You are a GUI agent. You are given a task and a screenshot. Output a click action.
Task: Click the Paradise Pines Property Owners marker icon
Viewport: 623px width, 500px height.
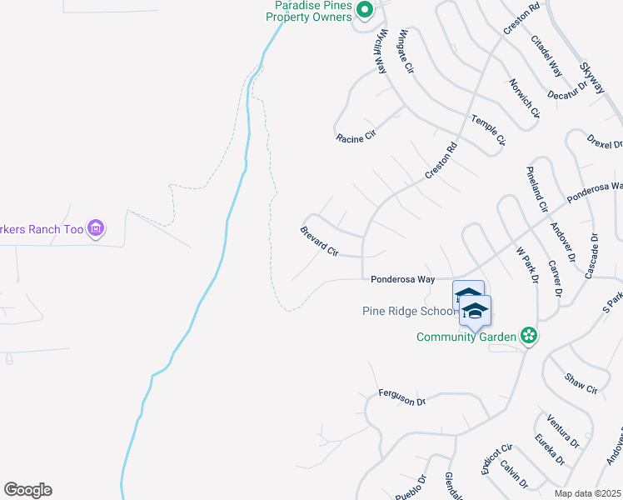pos(364,10)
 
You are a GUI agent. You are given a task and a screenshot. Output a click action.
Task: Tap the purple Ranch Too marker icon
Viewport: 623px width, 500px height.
pos(96,227)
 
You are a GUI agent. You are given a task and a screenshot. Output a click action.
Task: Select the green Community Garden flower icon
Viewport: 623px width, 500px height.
pos(527,336)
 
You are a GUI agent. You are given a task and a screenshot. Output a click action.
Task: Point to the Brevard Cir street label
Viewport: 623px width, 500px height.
pos(320,240)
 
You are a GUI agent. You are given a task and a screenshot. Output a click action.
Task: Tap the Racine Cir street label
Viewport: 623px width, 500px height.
pos(356,137)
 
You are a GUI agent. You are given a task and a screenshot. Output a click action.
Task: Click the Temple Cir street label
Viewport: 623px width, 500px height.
pos(488,130)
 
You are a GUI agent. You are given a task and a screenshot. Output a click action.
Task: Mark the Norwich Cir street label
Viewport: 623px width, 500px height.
pos(525,97)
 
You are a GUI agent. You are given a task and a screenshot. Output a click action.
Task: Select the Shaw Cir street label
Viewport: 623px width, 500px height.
pos(581,383)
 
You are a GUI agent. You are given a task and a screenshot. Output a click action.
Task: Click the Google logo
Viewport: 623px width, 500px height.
pos(27,490)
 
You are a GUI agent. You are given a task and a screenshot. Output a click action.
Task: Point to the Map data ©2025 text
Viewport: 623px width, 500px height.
pos(587,493)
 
